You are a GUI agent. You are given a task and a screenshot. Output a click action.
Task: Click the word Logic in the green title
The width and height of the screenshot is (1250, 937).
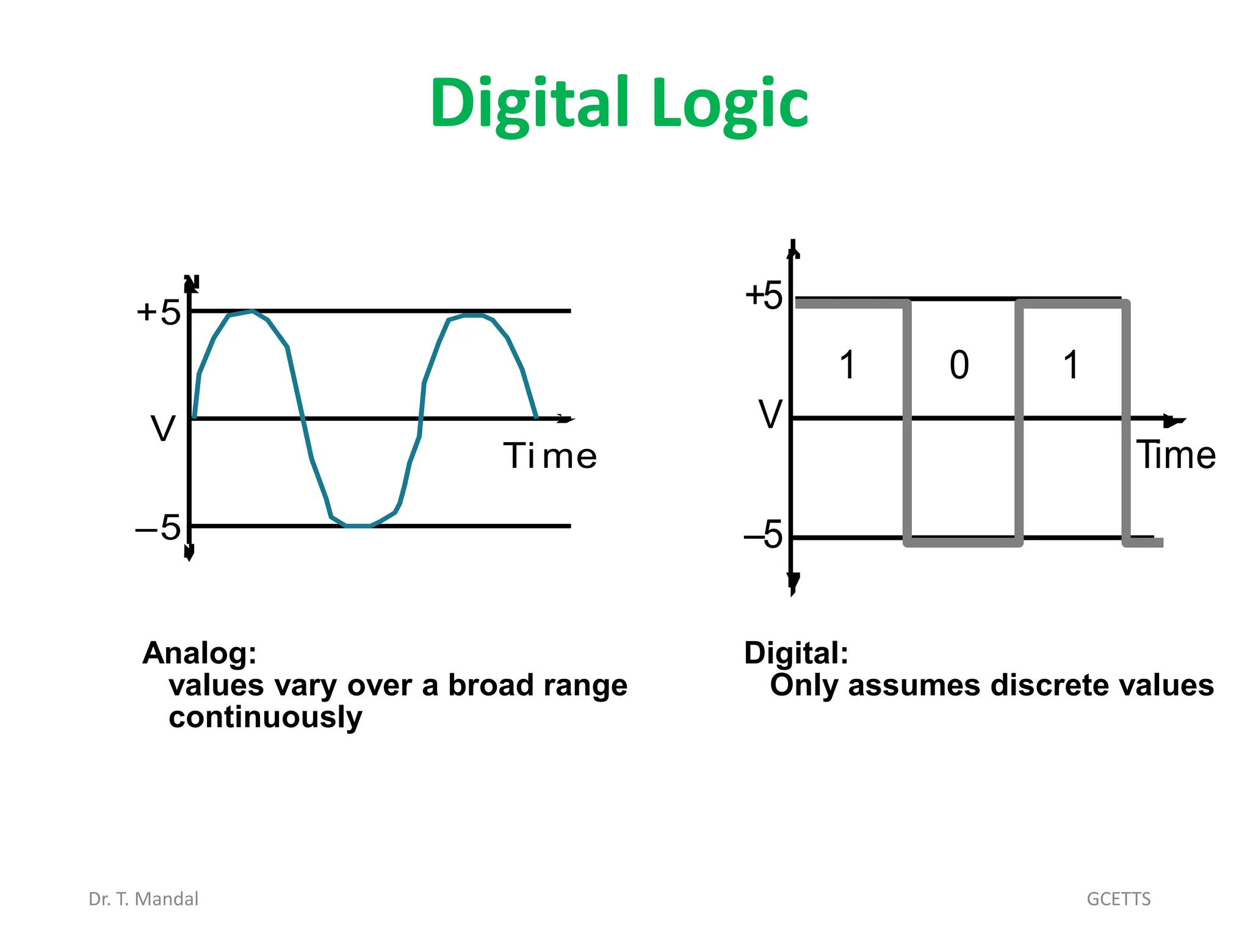coord(729,104)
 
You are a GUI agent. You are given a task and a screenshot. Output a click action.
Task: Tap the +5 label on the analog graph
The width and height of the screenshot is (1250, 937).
coord(159,312)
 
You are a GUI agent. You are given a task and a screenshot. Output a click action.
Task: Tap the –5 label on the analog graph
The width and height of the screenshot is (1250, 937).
coord(158,527)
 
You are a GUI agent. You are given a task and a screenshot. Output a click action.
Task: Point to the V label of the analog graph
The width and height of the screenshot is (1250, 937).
coord(163,429)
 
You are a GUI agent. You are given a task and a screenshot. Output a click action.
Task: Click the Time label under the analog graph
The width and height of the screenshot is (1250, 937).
coord(550,456)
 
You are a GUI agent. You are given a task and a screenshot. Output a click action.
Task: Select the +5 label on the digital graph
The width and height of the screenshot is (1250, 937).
coord(764,296)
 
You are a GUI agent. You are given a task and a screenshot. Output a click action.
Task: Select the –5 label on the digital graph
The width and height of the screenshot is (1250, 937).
coord(764,535)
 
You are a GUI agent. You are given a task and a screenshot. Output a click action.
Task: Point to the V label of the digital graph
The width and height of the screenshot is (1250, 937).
coord(770,415)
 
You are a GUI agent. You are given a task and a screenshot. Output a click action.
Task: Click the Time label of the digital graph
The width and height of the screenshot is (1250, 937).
coord(1176,455)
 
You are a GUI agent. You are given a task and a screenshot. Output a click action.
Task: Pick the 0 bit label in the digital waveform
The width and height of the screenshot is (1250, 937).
coord(959,365)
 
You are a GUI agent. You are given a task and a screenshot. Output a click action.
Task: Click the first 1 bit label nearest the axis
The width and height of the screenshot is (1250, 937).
coord(847,365)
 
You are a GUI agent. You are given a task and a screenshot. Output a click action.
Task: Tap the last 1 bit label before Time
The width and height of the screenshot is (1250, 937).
coord(1071,365)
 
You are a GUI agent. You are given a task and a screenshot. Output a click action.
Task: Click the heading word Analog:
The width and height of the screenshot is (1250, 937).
coord(200,653)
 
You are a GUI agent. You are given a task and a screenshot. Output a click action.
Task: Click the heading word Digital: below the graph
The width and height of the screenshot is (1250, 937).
coord(796,653)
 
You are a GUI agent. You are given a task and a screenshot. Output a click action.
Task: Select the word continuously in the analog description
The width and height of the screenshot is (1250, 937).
coord(265,717)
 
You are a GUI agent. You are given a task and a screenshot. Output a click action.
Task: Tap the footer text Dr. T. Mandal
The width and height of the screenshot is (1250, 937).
coord(143,899)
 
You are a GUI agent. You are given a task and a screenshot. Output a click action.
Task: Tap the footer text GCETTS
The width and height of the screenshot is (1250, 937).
coord(1118,899)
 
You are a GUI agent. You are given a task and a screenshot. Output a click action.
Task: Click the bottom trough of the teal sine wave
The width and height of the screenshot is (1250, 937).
coord(358,525)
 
